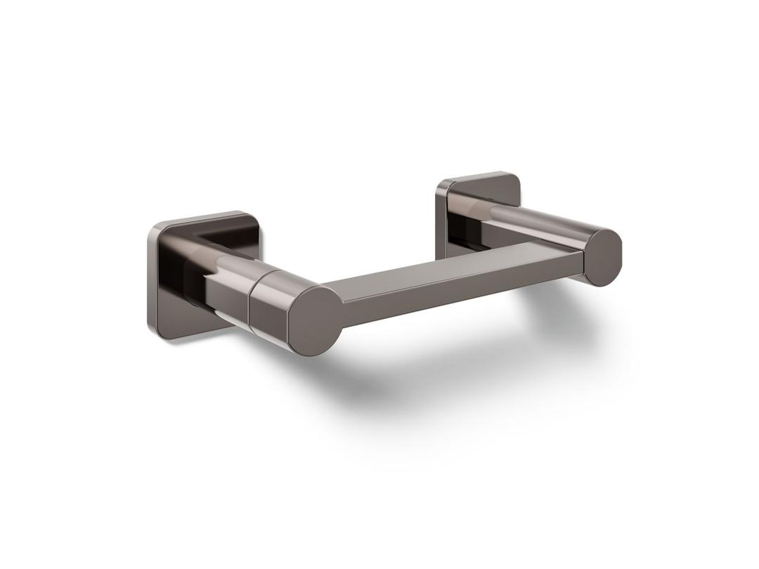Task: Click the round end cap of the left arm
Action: click(x=316, y=320)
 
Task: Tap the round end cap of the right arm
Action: click(x=603, y=257)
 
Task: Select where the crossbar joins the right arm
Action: click(x=580, y=260)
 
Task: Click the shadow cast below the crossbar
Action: click(x=422, y=365)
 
